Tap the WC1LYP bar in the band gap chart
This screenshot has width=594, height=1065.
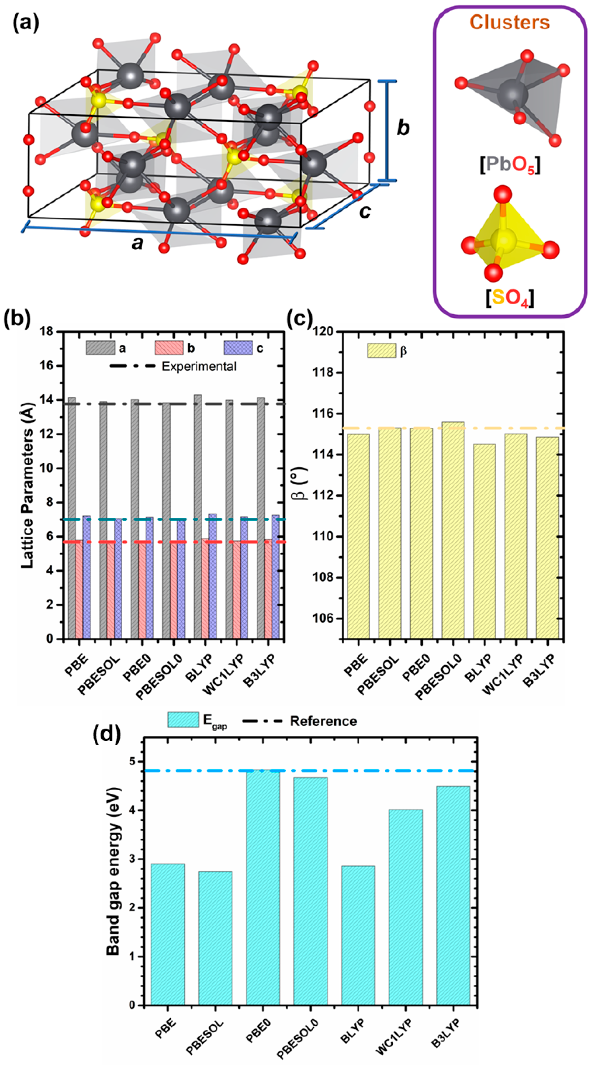pos(405,907)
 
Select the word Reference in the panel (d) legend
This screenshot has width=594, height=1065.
pos(323,721)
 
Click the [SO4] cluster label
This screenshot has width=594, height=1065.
pos(510,298)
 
